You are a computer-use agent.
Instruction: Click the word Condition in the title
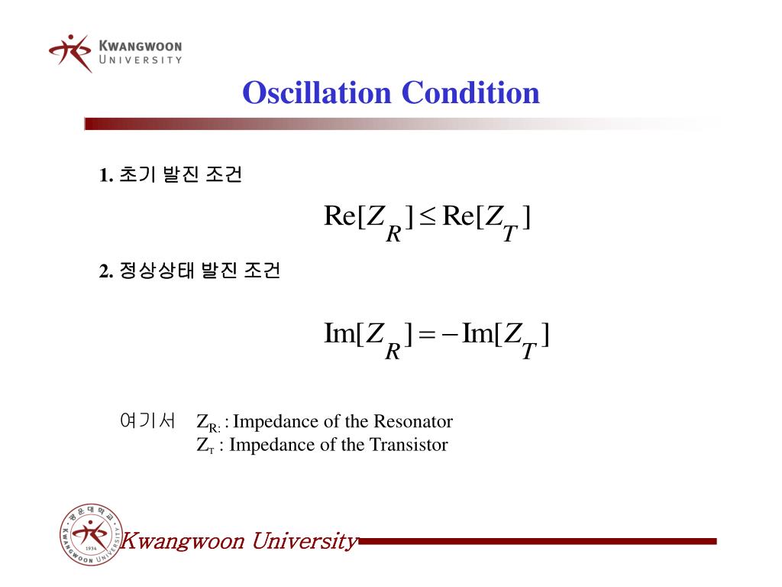click(470, 93)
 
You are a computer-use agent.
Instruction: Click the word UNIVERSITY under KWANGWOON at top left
click(141, 60)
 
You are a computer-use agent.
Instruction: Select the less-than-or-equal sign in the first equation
click(428, 219)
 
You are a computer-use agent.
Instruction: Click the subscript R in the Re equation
click(394, 233)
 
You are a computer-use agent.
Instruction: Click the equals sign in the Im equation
click(428, 335)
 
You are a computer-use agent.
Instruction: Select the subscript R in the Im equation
click(394, 350)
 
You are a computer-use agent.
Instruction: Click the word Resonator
click(413, 421)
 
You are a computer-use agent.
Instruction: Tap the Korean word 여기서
click(147, 420)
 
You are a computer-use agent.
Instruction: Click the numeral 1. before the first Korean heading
click(106, 176)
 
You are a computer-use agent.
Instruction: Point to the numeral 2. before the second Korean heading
click(106, 271)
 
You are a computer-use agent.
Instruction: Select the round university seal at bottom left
click(90, 536)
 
